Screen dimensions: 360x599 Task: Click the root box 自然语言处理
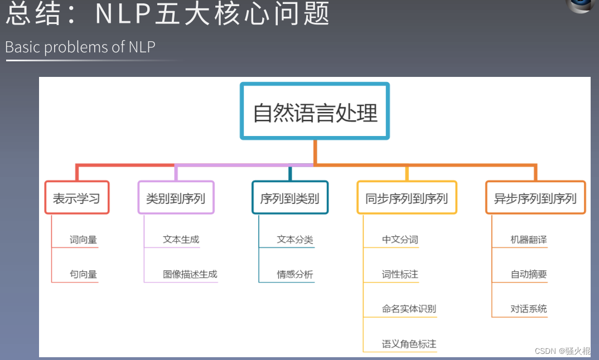point(315,111)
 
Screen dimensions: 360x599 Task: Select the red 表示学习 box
point(77,198)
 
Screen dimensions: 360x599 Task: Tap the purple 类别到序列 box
point(176,198)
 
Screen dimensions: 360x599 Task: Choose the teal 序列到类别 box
point(290,198)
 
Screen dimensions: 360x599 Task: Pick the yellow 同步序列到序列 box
point(407,198)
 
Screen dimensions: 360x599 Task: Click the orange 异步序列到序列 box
point(535,198)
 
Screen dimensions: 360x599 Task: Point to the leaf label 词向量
point(84,240)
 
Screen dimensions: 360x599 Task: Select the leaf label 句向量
point(84,274)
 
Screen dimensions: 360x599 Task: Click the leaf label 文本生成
point(181,240)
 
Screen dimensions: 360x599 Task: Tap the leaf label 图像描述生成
point(190,274)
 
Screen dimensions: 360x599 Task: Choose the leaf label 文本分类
point(295,240)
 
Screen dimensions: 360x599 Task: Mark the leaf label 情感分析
point(295,274)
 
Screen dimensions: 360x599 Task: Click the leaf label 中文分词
point(400,240)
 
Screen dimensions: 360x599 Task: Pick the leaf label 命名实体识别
point(409,309)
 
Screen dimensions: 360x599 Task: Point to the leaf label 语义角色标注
point(409,344)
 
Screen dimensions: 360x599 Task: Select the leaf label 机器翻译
point(529,240)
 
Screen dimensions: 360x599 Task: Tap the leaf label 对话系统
point(529,309)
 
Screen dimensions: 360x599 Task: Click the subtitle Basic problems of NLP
point(80,47)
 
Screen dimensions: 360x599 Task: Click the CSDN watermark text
point(562,351)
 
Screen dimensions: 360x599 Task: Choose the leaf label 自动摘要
point(529,274)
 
